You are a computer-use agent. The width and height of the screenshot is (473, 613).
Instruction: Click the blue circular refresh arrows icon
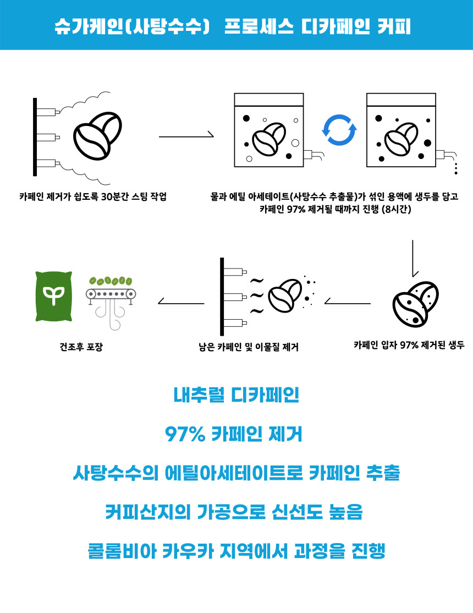point(339,130)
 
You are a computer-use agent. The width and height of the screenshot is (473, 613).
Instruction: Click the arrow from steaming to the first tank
point(186,135)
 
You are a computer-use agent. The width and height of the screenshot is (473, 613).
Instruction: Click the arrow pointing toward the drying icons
point(181,301)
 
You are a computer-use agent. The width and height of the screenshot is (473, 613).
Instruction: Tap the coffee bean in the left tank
point(268,139)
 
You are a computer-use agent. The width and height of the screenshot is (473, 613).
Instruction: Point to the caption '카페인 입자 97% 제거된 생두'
point(409,345)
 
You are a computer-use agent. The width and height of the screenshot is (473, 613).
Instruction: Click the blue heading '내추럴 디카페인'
point(236,396)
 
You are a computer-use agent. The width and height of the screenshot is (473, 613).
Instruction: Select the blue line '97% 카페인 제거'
point(236,435)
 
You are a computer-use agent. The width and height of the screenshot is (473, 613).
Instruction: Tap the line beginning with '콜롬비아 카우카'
point(236,551)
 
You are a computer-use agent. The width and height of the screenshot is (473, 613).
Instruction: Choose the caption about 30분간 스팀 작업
point(92,195)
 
